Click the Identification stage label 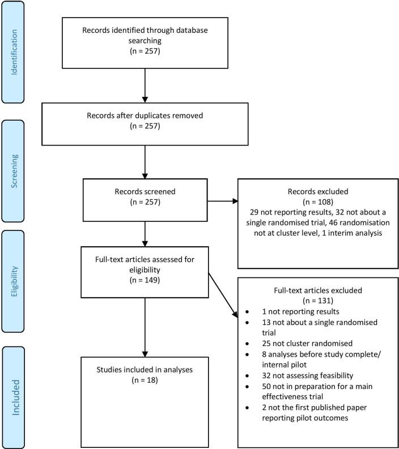tap(12, 53)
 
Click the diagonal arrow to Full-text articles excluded tap(222, 294)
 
